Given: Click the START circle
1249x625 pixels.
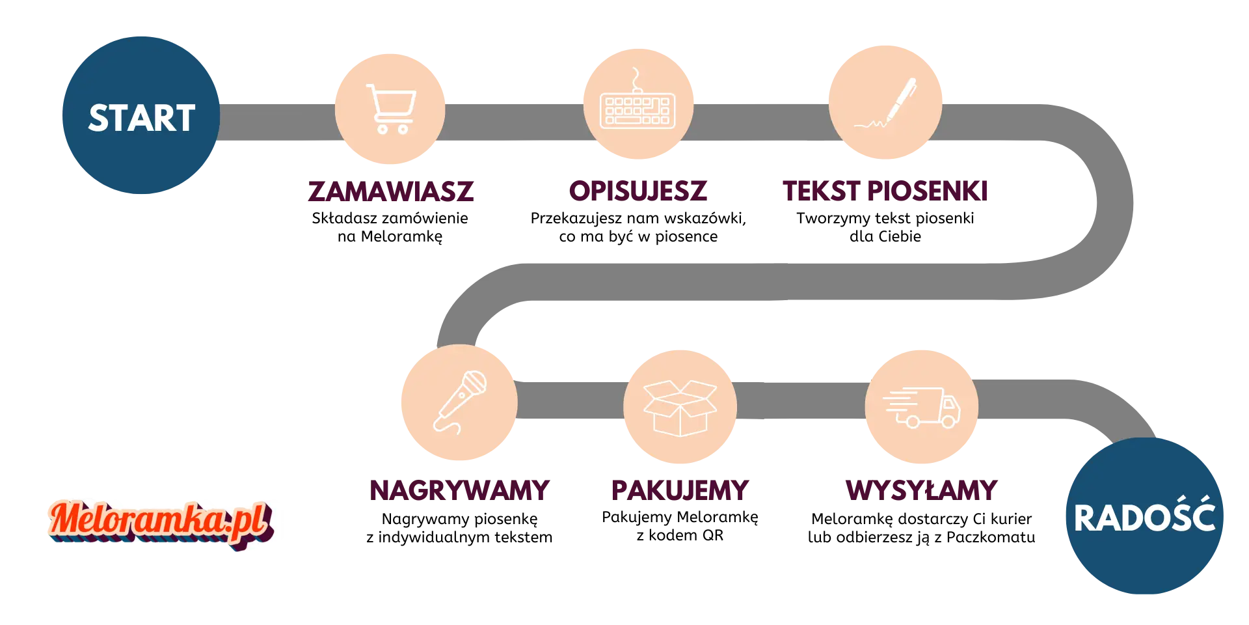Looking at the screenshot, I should pos(142,117).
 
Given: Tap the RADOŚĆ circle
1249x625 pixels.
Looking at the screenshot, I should pos(1144,518).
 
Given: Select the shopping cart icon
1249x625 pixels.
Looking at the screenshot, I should pos(390,108).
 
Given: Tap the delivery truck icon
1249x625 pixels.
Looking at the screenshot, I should pos(922,407).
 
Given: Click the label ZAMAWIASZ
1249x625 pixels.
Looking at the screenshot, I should pos(390,191).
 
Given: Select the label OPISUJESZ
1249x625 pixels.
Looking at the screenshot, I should pos(637,191).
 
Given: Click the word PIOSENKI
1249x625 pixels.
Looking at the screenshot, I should pos(928,191).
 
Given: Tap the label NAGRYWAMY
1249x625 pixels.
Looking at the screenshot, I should pos(459,490).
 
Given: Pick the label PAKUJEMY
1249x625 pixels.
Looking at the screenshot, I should pos(678,490).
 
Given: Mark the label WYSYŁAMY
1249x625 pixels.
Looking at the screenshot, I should pos(921,490).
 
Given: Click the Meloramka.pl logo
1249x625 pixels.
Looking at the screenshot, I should pos(160,521).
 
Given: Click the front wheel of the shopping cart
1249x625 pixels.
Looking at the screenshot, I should pos(403,129).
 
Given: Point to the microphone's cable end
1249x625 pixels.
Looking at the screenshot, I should pos(459,430).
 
